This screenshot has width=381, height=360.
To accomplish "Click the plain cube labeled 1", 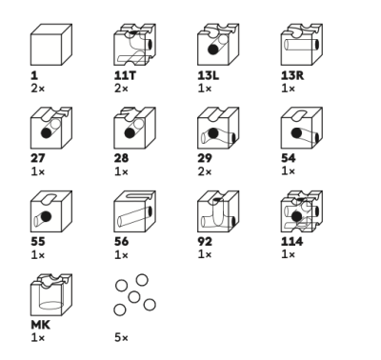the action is [51, 45].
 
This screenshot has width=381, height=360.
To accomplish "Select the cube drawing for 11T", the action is [134, 45].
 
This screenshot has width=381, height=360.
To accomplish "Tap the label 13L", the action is [209, 75].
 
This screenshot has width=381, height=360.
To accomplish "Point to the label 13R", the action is [292, 75].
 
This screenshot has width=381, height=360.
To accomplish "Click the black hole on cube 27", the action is [47, 133].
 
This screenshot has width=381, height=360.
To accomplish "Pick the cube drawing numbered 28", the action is [134, 128].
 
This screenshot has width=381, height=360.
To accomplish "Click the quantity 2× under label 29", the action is [205, 171].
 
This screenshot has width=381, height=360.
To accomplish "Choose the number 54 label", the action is [289, 158].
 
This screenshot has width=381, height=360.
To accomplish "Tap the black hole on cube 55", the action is [46, 216].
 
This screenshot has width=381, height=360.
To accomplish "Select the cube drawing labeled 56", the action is [134, 211].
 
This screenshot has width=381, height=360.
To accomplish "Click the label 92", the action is [205, 242].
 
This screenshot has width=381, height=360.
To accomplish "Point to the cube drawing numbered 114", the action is [302, 211].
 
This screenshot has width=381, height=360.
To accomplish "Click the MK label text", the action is [40, 325].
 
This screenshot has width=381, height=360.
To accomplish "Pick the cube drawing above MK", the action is [51, 294].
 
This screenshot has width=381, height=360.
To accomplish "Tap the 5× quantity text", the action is [121, 338].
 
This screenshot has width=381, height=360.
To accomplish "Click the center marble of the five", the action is [134, 297].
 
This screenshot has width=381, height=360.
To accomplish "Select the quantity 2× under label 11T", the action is [121, 89].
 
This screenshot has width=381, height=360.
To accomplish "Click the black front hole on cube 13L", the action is [213, 50].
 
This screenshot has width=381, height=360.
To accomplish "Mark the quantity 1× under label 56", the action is [121, 255].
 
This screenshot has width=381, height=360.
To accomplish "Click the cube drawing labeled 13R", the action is [302, 45].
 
